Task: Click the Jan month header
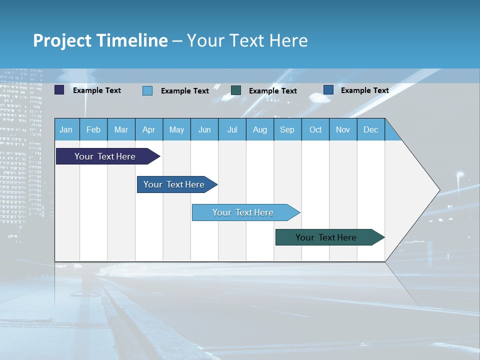[x=66, y=129]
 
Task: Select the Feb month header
[x=93, y=129]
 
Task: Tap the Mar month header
[x=121, y=129]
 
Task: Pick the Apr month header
[x=149, y=129]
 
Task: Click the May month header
[x=176, y=129]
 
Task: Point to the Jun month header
[x=204, y=129]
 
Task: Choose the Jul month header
[x=232, y=129]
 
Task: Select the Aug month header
[x=260, y=129]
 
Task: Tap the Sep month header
[x=287, y=129]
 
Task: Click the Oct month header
[x=315, y=129]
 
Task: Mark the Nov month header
[x=343, y=129]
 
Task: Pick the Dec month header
[x=371, y=129]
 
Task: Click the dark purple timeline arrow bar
[x=105, y=156]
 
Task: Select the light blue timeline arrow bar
[x=243, y=212]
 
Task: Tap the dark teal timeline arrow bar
[x=326, y=237]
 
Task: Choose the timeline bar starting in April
[x=174, y=184]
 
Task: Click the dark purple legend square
[x=59, y=90]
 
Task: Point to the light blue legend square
[x=147, y=90]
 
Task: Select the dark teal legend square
[x=236, y=90]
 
